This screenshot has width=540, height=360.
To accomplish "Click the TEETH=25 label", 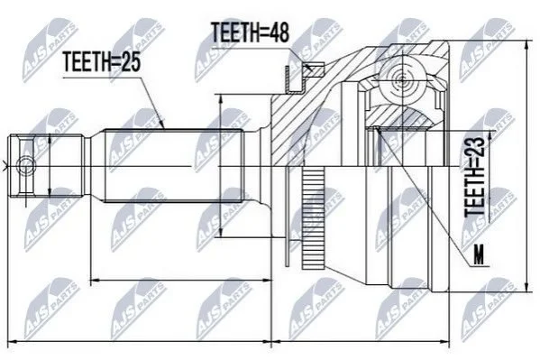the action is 102,62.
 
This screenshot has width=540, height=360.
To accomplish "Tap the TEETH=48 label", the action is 250,32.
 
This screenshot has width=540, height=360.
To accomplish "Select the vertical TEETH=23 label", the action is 475,177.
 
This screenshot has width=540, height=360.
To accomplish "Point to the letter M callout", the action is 479,254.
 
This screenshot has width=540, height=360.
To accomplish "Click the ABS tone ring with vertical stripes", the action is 314,218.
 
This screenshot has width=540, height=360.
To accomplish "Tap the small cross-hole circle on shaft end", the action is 26,166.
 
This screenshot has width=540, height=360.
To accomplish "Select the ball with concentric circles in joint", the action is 402,81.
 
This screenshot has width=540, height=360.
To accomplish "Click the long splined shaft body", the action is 174,165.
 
